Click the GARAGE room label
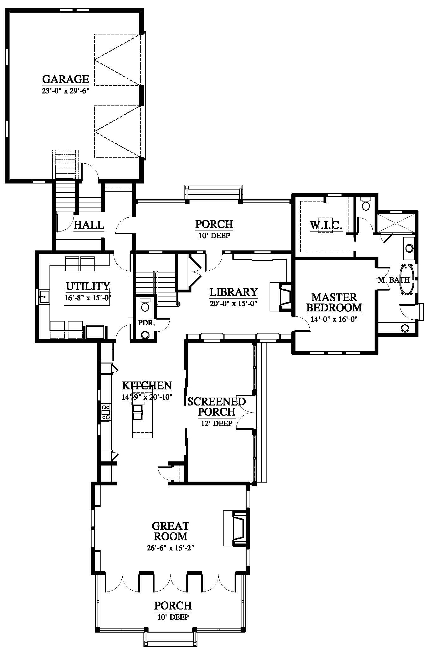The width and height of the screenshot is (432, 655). tap(66, 79)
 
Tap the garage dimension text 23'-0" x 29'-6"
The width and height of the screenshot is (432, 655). tap(66, 90)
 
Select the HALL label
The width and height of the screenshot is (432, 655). tap(89, 225)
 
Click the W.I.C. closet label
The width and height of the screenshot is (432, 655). tap(326, 225)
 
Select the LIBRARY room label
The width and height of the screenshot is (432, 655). tap(234, 292)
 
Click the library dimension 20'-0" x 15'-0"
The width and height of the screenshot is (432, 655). tap(234, 304)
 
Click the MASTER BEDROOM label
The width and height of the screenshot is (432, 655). tap(334, 302)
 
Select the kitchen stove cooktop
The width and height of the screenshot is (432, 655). tap(106, 412)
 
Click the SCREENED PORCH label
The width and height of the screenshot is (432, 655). tap(216, 406)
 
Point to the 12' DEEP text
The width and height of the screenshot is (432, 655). tap(217, 424)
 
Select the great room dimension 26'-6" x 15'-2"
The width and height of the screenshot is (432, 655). tap(170, 548)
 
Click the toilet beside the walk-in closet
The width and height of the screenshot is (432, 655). tap(366, 204)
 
